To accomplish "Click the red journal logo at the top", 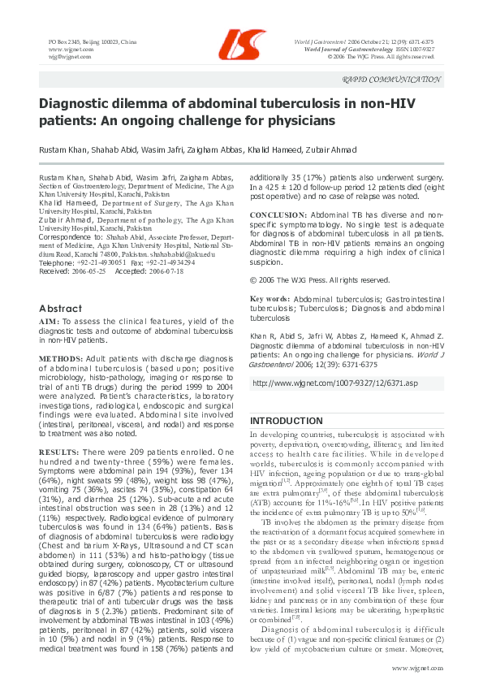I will (x=242, y=43).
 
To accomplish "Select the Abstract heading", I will (x=61, y=308).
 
